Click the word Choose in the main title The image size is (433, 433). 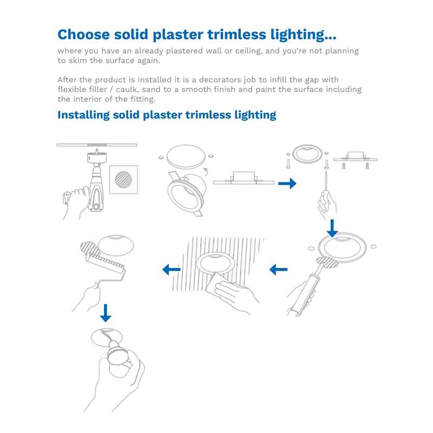(84, 35)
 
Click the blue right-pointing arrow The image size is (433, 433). (287, 184)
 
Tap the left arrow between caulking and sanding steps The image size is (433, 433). (278, 269)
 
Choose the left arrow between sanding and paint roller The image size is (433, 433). (172, 269)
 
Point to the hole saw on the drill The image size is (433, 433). (98, 159)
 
